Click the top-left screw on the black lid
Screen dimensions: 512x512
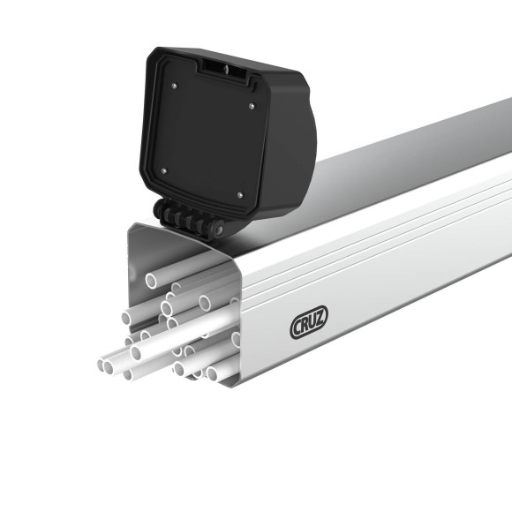click(175, 85)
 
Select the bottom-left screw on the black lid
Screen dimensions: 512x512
click(163, 170)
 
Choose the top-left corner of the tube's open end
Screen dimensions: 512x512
click(131, 226)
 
